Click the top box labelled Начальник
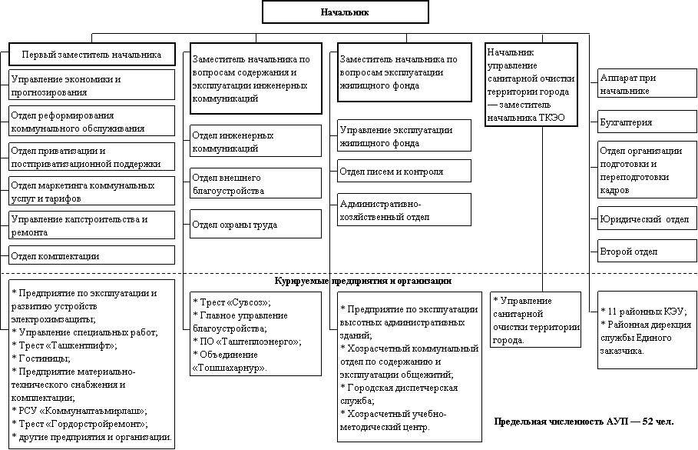tap(345, 12)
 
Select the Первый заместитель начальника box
tap(91, 55)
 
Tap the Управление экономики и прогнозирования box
tap(91, 85)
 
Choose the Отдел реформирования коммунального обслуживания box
tap(91, 122)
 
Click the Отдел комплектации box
tap(91, 255)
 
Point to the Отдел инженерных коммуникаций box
tap(256, 141)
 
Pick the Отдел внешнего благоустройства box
tap(256, 183)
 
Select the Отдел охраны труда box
tap(256, 225)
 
